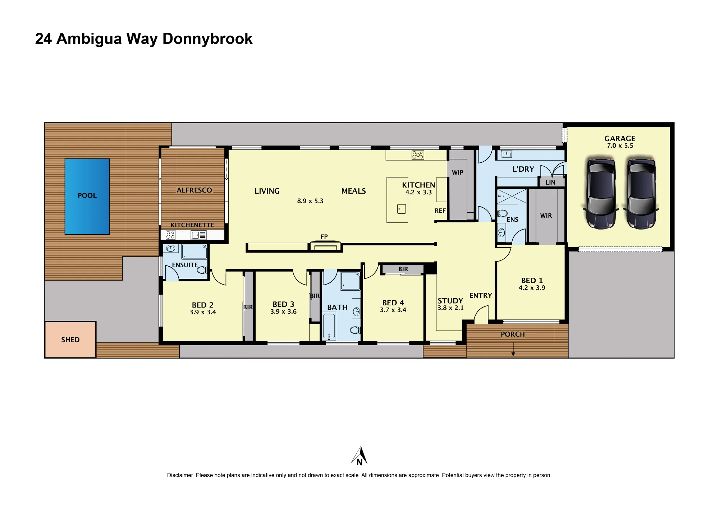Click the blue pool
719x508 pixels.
87,197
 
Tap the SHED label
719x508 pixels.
70,340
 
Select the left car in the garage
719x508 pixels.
601,193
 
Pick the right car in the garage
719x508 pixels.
641,193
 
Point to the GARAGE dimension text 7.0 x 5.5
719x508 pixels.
620,146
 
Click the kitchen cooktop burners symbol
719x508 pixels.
418,155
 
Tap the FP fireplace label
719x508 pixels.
324,236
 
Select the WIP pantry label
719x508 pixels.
458,172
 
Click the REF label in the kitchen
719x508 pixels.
440,211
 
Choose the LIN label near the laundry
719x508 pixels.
550,182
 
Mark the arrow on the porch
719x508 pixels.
513,349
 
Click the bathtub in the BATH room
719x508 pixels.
329,326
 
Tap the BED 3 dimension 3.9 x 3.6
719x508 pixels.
284,311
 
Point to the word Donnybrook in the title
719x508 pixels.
207,39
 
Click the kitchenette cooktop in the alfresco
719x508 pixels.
170,235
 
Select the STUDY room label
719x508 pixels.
450,301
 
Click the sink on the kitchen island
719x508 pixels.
402,209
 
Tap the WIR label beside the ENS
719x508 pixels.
546,216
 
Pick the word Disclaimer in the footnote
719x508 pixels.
180,475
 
